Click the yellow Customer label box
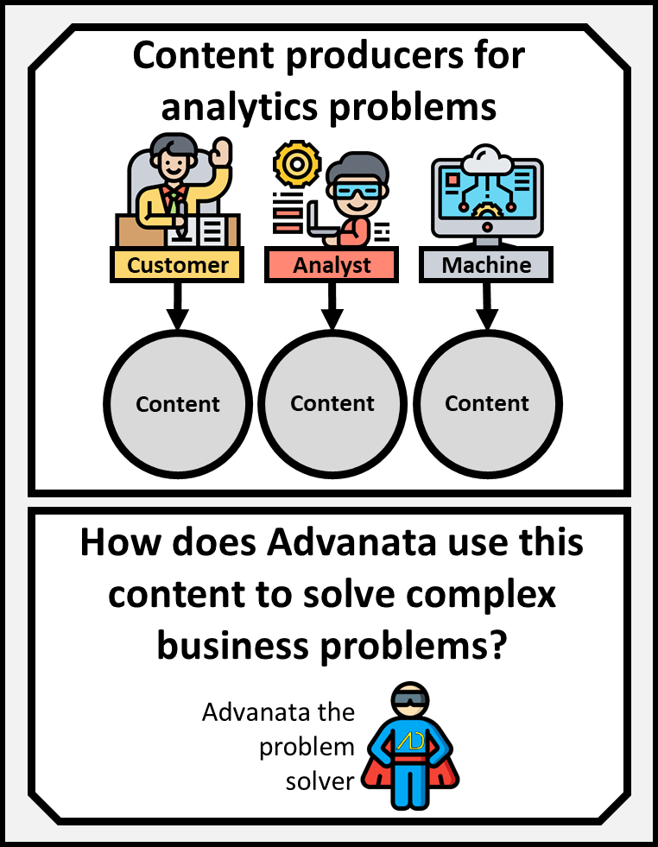[178, 265]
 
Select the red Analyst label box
[332, 265]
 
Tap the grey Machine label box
[486, 265]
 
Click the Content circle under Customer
[178, 403]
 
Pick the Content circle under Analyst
[332, 403]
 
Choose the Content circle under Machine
[487, 403]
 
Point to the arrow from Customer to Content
[178, 307]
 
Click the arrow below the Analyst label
[332, 307]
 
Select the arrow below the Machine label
[487, 307]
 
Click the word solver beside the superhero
[320, 781]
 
